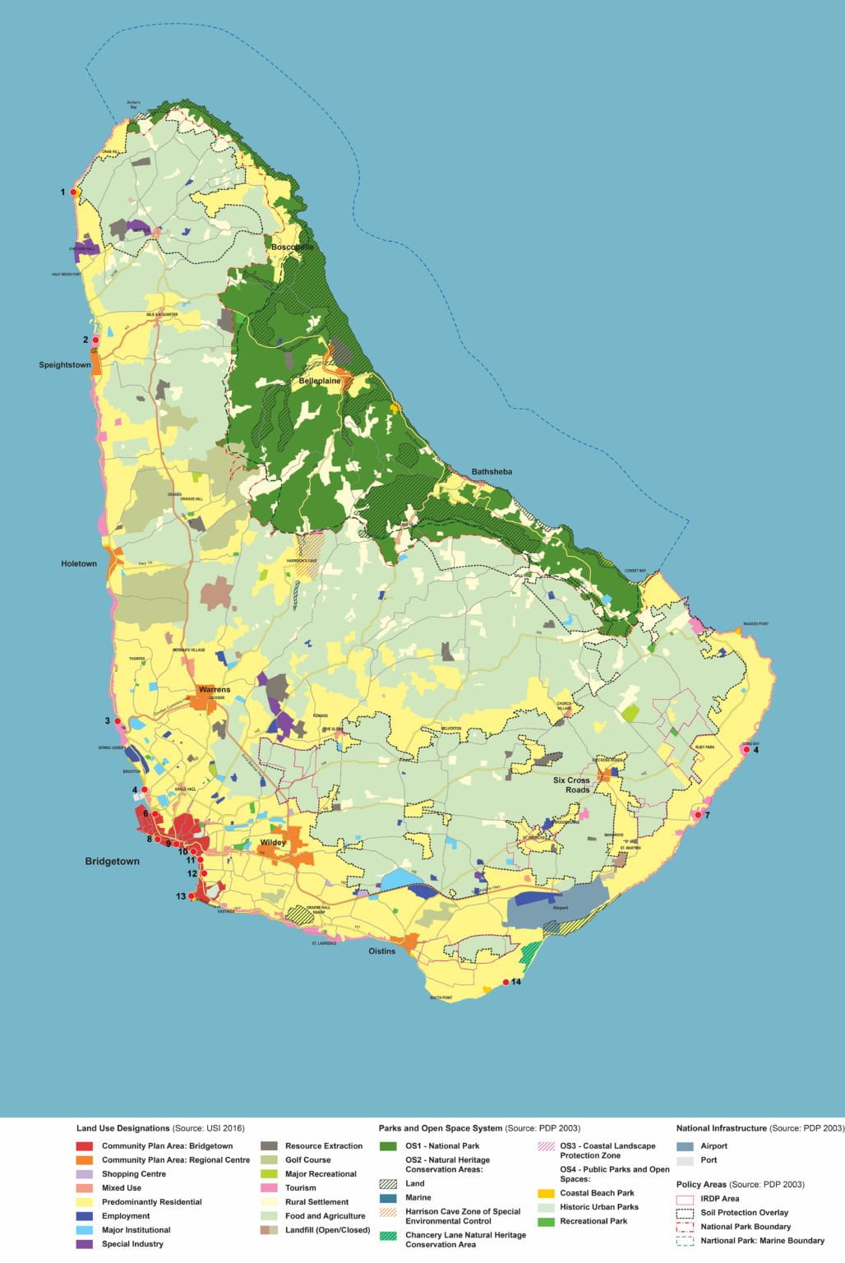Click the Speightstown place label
coord(65,365)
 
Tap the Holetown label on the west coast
coord(79,564)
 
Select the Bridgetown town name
coord(112,862)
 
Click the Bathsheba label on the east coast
coord(492,472)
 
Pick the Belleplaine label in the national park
coord(320,382)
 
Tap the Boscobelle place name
coord(293,247)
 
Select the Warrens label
coord(215,690)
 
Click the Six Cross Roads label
coord(571,785)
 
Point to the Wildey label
coord(273,843)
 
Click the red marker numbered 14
coord(506,983)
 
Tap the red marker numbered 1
coord(73,192)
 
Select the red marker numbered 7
coord(698,815)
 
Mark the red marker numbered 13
coord(192,896)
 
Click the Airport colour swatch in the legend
coord(685,1146)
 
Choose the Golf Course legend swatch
coord(269,1160)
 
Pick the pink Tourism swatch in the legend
coord(269,1188)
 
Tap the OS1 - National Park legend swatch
coord(388,1146)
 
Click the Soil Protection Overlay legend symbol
coord(685,1213)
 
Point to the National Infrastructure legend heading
coord(760,1128)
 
